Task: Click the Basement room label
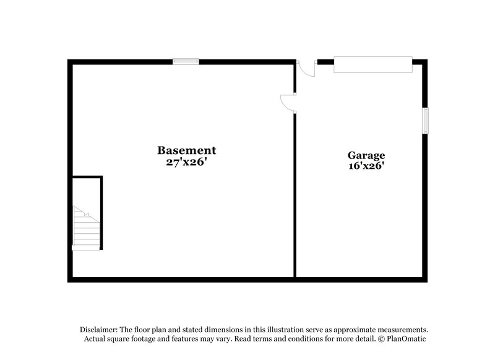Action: [x=186, y=150]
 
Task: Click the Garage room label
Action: [x=366, y=155]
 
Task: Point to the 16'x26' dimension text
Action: [x=366, y=166]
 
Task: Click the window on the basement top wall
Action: [x=186, y=61]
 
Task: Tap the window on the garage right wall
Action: [x=425, y=121]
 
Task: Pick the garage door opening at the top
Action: [x=372, y=64]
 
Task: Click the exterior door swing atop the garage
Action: [x=306, y=68]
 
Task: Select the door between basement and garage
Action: [x=288, y=103]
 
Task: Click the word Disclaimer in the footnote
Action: [x=98, y=330]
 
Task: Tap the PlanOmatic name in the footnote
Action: [x=407, y=339]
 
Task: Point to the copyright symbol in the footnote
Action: [x=382, y=339]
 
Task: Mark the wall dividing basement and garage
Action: [x=295, y=198]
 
